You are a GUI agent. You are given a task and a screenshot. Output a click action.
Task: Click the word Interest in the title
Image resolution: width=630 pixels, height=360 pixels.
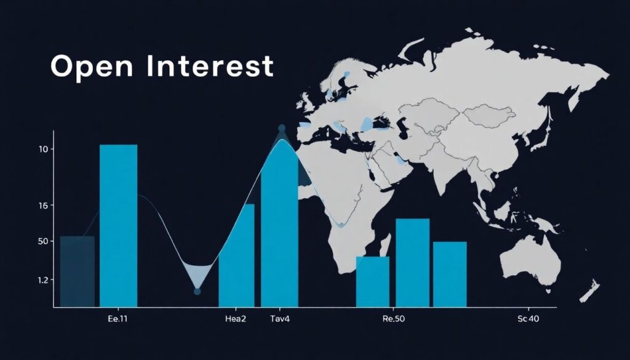coord(210,66)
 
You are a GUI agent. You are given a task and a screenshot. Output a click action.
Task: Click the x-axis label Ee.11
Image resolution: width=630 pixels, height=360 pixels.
coord(118,319)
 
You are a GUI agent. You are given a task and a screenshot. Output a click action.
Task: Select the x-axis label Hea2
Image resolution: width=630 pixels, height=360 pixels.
coord(236,319)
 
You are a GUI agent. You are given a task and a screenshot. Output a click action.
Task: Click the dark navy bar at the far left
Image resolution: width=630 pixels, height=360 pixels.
coord(77,271)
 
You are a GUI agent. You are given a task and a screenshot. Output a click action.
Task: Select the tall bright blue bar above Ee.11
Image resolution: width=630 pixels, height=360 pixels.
coord(118,225)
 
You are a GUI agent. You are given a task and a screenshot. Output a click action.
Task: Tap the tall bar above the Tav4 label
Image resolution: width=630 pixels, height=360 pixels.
coord(279,234)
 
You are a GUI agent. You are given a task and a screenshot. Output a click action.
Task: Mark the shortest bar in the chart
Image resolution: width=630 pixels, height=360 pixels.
coord(372,281)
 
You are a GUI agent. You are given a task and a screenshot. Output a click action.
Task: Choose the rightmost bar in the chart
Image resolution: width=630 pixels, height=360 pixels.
coord(450,274)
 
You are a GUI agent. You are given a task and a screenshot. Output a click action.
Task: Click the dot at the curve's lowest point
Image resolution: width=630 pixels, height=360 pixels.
coord(197,291)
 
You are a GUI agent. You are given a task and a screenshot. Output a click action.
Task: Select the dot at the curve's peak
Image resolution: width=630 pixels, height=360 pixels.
coord(282,128)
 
